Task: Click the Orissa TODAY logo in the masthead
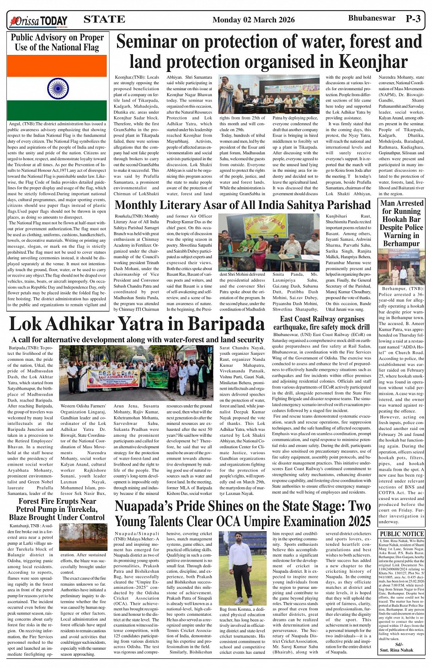[x=39, y=21]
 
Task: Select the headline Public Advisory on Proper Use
[x=57, y=42]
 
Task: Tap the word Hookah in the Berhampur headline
[x=401, y=219]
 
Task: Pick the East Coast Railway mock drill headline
[x=322, y=323]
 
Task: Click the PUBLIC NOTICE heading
[x=402, y=534]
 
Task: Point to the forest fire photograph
[x=83, y=537]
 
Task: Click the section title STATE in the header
[x=104, y=19]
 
